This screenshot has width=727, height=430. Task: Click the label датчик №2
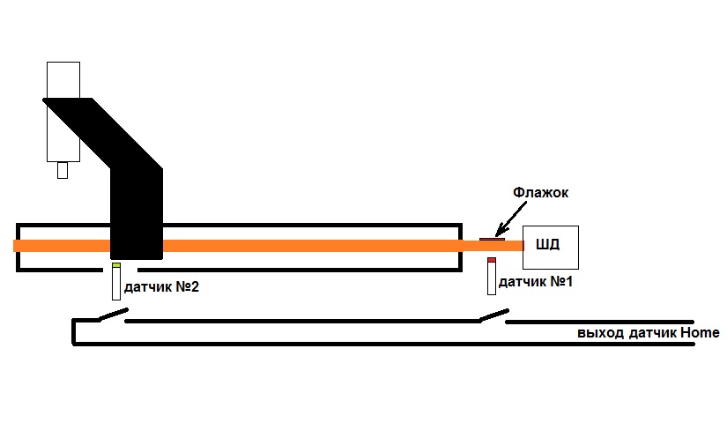[167, 287]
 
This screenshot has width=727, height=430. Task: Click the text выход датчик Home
[649, 333]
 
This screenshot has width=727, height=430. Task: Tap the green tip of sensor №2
[115, 264]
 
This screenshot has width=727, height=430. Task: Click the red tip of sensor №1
[492, 260]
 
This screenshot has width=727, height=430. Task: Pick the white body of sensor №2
[115, 285]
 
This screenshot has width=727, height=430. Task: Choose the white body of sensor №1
[492, 278]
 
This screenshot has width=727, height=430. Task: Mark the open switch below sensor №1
[493, 315]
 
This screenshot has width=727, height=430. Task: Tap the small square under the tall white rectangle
[62, 171]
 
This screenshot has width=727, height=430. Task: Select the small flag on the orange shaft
[491, 238]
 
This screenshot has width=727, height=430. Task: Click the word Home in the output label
[700, 333]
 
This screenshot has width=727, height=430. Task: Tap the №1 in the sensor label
[561, 283]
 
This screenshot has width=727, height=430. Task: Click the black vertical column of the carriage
[137, 211]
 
